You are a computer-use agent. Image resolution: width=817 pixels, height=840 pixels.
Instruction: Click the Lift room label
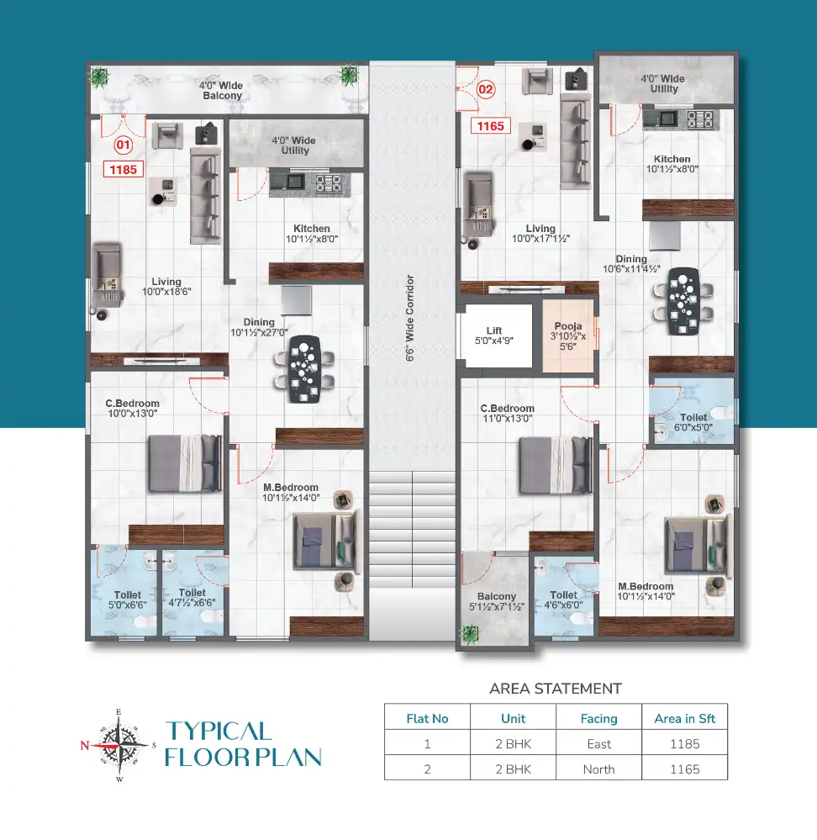(x=494, y=335)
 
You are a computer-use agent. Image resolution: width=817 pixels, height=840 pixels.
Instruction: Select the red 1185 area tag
(x=124, y=169)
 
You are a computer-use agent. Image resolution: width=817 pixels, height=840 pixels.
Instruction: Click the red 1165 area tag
(x=490, y=126)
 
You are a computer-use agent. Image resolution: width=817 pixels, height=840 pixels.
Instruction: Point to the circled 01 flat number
(x=124, y=145)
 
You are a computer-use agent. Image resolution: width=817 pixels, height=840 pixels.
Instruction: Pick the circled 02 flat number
(x=486, y=87)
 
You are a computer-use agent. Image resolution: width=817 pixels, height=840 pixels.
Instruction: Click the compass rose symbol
(x=118, y=744)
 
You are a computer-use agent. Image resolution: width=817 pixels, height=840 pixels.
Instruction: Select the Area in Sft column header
(x=684, y=718)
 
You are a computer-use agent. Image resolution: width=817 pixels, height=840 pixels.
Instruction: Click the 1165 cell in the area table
(x=684, y=769)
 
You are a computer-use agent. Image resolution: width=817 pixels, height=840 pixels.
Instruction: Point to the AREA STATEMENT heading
(x=555, y=689)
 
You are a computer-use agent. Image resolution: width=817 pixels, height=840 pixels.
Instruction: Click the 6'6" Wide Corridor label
(x=410, y=318)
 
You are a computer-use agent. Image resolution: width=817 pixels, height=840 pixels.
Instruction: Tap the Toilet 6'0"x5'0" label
(x=693, y=422)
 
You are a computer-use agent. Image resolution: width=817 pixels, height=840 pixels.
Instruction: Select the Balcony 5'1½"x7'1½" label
(x=495, y=600)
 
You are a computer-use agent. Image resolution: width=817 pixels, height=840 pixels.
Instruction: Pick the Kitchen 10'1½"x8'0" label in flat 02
(x=672, y=163)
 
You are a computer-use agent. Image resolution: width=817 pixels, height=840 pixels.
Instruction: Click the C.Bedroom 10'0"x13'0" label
(x=127, y=409)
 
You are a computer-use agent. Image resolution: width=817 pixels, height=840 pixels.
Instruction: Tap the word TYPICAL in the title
(x=218, y=731)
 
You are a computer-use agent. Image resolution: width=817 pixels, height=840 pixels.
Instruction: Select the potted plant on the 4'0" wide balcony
(x=100, y=78)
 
